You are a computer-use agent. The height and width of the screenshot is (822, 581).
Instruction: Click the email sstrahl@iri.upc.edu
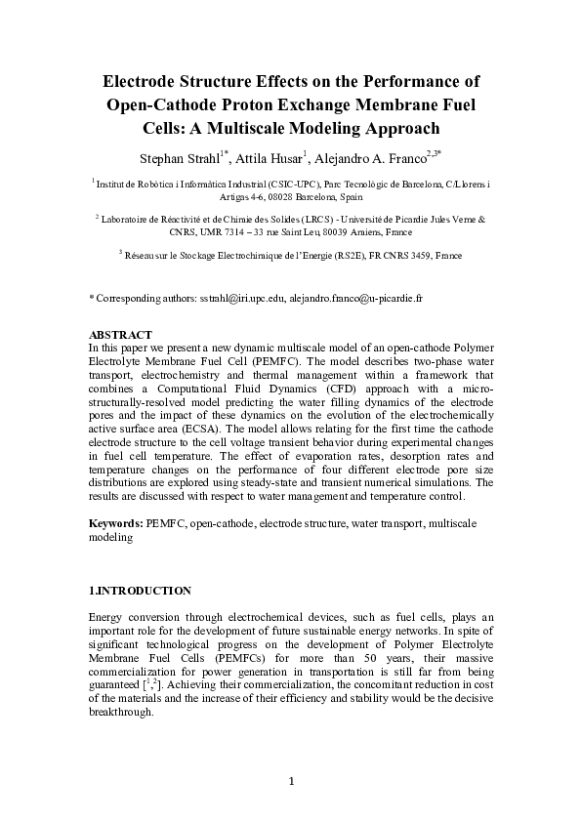242,295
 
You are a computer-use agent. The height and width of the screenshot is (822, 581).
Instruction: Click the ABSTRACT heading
120,335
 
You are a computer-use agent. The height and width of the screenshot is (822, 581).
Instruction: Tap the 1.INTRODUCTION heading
140,591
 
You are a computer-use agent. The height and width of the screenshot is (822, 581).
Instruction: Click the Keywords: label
116,524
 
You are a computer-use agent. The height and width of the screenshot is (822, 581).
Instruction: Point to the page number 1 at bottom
291,780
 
